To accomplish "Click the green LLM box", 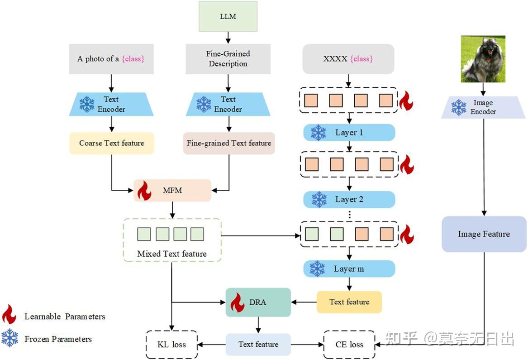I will pos(228,16).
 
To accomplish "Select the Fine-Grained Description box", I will pos(228,59).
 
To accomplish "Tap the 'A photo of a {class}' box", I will pos(111,59).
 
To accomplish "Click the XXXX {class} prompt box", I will pos(348,59).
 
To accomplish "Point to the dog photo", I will pos(483,59).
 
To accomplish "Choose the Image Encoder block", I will pos(483,107).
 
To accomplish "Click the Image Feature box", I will pos(484,234).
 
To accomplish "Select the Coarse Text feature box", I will pos(112,143).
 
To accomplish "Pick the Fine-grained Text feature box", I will pos(229,143).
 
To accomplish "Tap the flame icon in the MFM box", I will pos(144,191).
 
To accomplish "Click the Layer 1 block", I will pos(349,133).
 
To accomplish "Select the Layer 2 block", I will pos(349,199).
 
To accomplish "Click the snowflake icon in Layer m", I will pos(317,269).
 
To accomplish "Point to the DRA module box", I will pos(258,302).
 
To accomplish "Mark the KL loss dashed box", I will pos(172,345).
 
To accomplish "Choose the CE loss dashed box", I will pos(349,345).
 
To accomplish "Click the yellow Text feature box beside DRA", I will pos(349,302).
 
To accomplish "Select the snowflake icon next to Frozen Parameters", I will pos(10,338).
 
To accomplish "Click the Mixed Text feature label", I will pos(172,254).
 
